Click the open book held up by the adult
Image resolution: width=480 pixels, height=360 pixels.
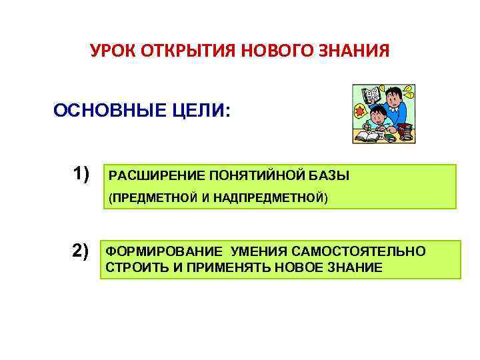pos(371,95)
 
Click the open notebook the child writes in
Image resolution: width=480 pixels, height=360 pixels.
pos(368,136)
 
